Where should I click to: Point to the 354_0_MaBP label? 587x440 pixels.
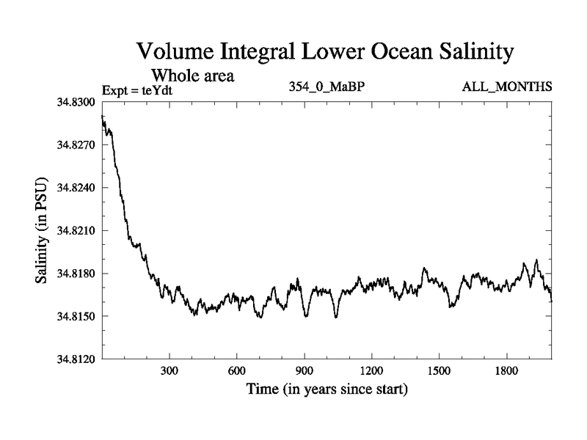(x=327, y=88)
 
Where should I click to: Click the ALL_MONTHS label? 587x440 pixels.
(x=507, y=88)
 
